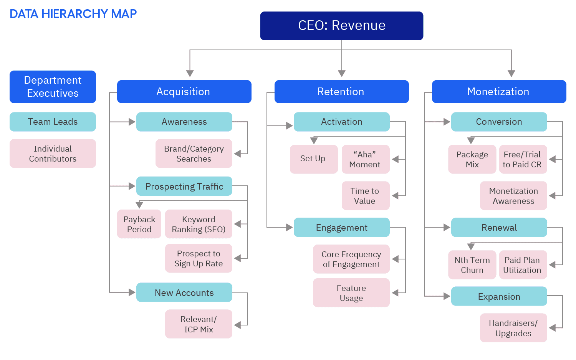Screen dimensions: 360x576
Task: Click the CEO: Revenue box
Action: (341, 26)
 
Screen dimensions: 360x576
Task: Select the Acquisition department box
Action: (184, 92)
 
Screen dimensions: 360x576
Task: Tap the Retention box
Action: (341, 92)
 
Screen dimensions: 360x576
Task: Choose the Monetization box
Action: (498, 92)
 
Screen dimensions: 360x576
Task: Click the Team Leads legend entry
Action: (53, 122)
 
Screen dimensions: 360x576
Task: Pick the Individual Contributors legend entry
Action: (53, 154)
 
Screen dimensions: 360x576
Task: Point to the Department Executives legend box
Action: (53, 87)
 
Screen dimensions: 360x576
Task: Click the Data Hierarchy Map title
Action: (73, 14)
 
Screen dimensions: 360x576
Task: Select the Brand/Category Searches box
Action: (194, 154)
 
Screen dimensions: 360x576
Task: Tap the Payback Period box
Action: (139, 224)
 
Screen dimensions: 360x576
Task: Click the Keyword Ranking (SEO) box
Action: (199, 224)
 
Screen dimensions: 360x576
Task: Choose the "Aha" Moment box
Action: (365, 159)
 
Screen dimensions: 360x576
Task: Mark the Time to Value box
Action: (365, 196)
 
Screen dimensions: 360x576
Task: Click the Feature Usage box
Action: (351, 293)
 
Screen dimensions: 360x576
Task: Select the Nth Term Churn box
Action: (472, 265)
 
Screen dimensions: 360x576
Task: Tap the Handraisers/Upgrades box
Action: (513, 328)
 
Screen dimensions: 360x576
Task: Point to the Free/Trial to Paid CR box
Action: (522, 159)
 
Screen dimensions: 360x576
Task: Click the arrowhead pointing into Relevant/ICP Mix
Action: (238, 325)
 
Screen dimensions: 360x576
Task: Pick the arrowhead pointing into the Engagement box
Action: (289, 228)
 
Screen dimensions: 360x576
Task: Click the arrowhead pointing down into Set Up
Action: (314, 141)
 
